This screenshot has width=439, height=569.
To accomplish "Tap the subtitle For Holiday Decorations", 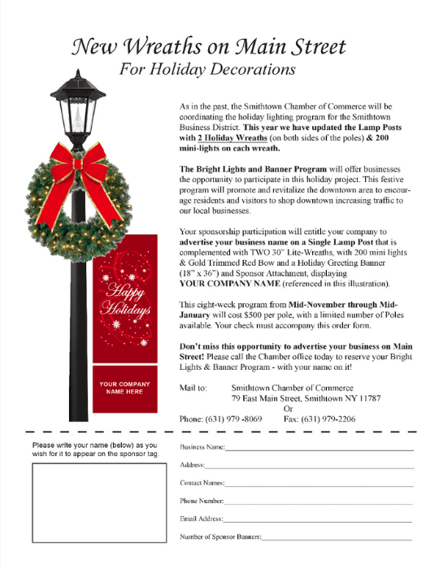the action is [207, 70].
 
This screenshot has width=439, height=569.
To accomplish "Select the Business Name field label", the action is [202, 448].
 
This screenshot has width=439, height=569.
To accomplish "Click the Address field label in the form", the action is [192, 465].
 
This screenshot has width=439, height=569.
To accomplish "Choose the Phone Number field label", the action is [201, 501].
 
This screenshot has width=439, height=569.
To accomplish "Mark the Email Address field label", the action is [200, 519].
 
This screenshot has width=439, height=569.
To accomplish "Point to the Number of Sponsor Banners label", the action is [220, 536].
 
